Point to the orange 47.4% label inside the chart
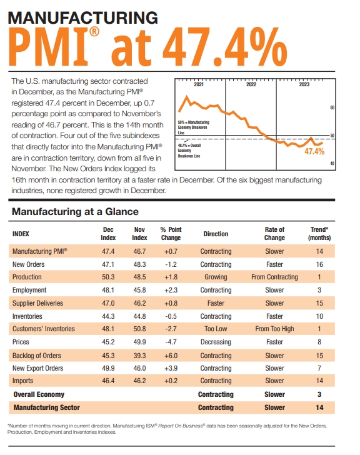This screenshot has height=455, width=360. [314, 151]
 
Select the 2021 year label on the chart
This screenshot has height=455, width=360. [199, 84]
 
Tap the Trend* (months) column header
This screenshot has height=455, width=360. [319, 234]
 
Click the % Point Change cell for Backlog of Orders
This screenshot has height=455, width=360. [170, 355]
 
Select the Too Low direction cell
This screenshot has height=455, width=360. [215, 329]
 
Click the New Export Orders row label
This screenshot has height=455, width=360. [37, 368]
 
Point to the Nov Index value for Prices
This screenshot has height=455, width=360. [139, 342]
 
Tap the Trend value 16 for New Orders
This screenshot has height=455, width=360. [319, 264]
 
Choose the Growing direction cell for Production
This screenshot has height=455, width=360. [215, 277]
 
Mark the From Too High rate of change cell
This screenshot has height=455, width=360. [274, 329]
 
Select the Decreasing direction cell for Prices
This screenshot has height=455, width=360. [215, 342]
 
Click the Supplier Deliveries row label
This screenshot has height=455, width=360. [37, 303]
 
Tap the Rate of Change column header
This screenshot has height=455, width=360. [274, 234]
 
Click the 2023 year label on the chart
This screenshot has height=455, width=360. [304, 84]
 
